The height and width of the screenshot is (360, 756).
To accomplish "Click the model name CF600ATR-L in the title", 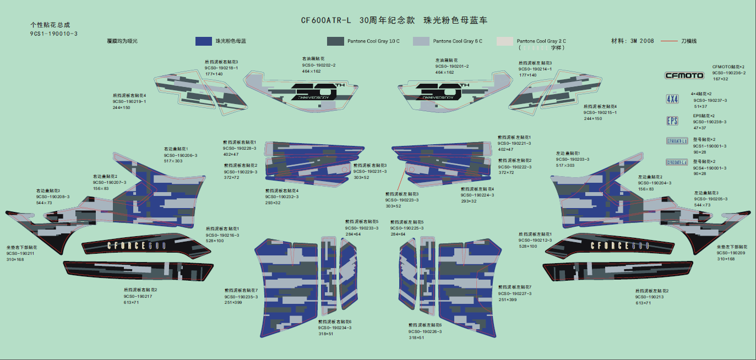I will point(325,21).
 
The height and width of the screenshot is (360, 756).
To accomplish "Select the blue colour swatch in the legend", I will point(204,41).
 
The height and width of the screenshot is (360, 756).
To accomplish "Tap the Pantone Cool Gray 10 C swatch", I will point(335,41).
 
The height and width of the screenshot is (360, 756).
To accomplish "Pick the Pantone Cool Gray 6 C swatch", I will point(421,41).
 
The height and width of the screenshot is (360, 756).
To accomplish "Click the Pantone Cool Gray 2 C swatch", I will point(504,41).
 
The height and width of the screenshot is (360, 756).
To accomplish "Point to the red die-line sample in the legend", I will point(668,41).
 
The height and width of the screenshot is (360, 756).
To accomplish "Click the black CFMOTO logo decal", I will point(684,75).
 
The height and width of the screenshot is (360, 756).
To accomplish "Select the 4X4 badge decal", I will point(672,99).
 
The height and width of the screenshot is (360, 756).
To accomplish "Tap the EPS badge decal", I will point(672,121).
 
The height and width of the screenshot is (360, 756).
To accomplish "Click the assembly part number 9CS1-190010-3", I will point(53,34).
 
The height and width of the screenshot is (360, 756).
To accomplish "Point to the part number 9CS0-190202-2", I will point(318,65).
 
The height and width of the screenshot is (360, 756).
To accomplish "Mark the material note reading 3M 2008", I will point(642,41).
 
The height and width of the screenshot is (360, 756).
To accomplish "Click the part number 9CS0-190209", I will point(731,253).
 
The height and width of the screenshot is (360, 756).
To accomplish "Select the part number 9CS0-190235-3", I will point(241,297).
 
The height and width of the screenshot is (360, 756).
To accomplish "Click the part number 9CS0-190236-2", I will point(729,73).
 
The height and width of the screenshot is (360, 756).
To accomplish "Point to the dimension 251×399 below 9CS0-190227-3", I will point(508,299).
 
